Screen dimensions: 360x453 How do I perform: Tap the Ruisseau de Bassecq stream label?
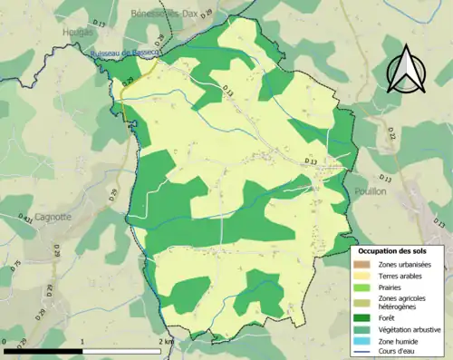tap(125, 55)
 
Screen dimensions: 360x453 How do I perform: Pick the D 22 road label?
tap(391, 133)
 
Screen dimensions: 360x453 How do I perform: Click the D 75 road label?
tap(15, 266)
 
